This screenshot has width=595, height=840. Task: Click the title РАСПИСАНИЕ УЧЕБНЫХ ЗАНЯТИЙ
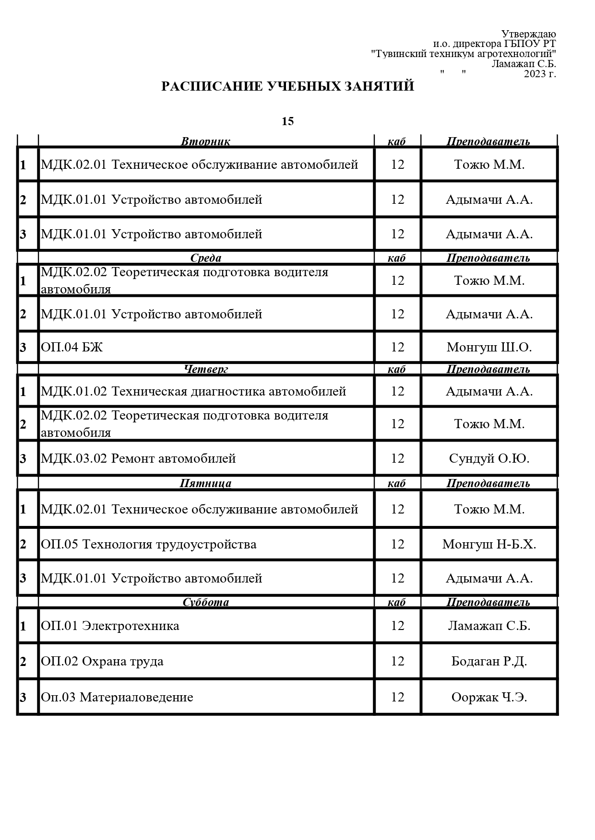coord(287,86)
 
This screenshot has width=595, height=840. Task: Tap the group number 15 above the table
coord(287,121)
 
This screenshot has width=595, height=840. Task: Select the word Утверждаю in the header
coord(528,34)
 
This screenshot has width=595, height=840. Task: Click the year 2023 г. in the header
coord(540,74)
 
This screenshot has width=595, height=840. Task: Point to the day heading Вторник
coord(205,141)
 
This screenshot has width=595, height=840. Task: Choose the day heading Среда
coord(205,258)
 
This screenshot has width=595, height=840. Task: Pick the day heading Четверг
coord(206,369)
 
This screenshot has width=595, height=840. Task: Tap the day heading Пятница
coord(205,483)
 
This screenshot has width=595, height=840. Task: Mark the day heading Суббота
coord(205,602)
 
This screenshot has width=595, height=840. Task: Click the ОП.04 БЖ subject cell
coord(72,347)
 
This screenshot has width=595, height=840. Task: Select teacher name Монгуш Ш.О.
coord(489,347)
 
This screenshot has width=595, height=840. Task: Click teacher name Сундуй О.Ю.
coord(489,458)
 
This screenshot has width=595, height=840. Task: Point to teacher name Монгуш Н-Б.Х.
coord(489,544)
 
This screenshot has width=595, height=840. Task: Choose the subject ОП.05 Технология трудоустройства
coord(149,544)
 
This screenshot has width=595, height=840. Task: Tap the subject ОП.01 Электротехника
coord(110,626)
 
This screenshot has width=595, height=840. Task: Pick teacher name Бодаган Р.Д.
coord(489,661)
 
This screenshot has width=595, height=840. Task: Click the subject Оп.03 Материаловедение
coord(117,697)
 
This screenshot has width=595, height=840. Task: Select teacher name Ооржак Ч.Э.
coord(489,697)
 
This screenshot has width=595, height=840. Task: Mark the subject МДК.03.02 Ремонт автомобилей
coord(138,458)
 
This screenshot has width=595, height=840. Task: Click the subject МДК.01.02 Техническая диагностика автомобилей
coord(193,391)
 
